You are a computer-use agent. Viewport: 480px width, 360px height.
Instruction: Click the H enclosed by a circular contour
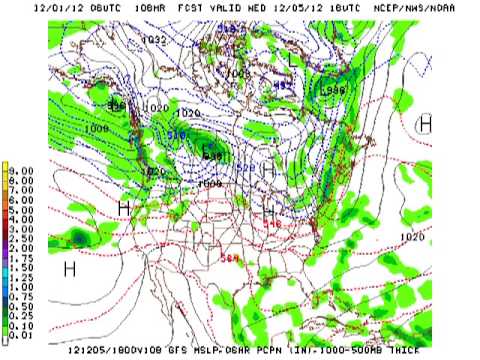[x=424, y=123]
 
